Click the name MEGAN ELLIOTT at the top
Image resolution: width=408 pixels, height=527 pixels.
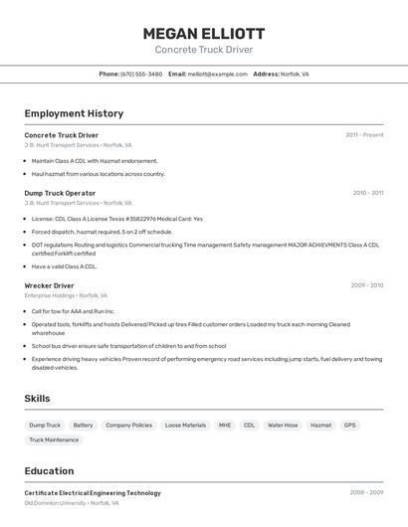pyautogui.click(x=204, y=33)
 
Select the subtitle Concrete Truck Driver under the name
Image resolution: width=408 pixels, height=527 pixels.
pyautogui.click(x=204, y=50)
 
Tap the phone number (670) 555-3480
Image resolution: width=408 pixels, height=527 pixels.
pyautogui.click(x=141, y=74)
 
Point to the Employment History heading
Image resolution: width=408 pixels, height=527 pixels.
pyautogui.click(x=74, y=113)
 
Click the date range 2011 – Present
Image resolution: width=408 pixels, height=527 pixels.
pyautogui.click(x=364, y=134)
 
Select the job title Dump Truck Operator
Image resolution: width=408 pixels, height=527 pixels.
pyautogui.click(x=60, y=193)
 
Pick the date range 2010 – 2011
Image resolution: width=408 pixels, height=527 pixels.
pyautogui.click(x=367, y=193)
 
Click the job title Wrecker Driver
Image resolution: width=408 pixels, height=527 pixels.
pyautogui.click(x=49, y=285)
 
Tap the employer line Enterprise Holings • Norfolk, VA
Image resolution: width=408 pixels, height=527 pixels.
pyautogui.click(x=66, y=295)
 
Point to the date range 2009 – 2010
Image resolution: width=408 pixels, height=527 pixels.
pyautogui.click(x=366, y=285)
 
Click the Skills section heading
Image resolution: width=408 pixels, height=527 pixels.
pyautogui.click(x=37, y=399)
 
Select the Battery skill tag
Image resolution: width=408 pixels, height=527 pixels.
pyautogui.click(x=83, y=425)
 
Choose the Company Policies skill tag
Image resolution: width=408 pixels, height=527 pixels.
pyautogui.click(x=128, y=425)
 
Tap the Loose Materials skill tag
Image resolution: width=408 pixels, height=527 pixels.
pyautogui.click(x=185, y=425)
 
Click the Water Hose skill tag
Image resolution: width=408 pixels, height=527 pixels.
pyautogui.click(x=283, y=425)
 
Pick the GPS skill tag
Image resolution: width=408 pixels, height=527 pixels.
pyautogui.click(x=349, y=425)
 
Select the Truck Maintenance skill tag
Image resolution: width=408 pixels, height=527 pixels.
pyautogui.click(x=54, y=439)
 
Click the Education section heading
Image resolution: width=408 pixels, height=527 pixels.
pyautogui.click(x=49, y=471)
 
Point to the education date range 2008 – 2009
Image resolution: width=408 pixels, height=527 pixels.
pyautogui.click(x=366, y=492)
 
